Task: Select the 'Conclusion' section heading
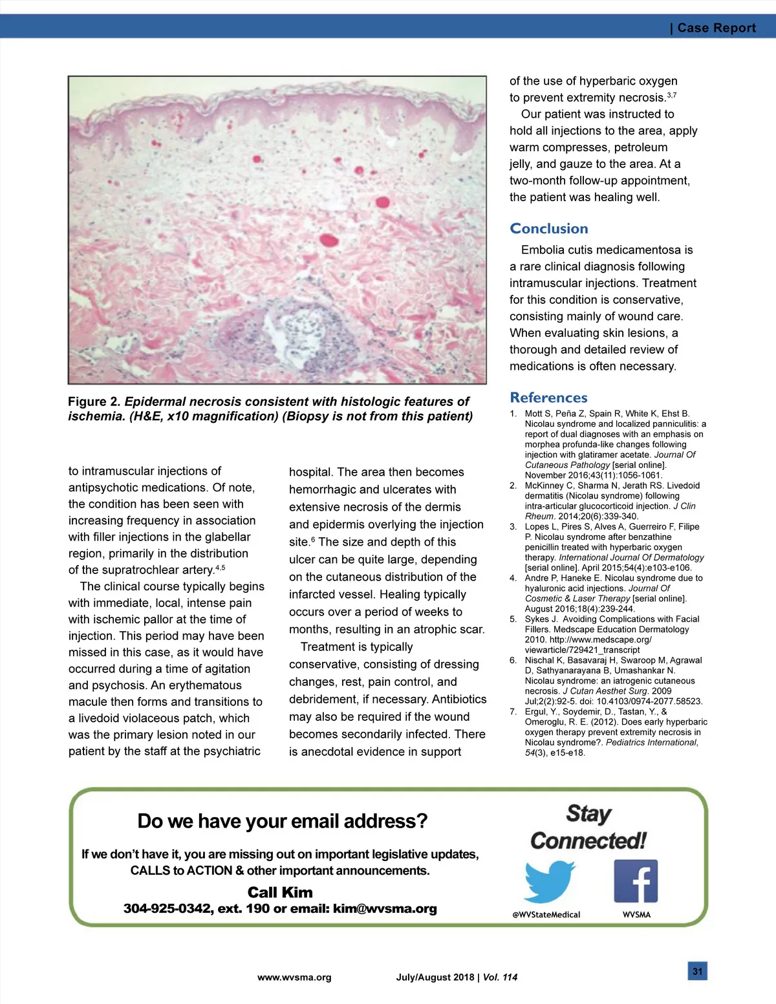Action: pyautogui.click(x=549, y=228)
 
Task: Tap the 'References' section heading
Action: pyautogui.click(x=548, y=398)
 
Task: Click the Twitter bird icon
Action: pyautogui.click(x=550, y=882)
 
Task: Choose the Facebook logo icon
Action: pyautogui.click(x=636, y=881)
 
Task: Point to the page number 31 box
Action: pyautogui.click(x=697, y=971)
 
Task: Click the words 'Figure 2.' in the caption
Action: pyautogui.click(x=94, y=401)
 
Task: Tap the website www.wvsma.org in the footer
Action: pyautogui.click(x=294, y=977)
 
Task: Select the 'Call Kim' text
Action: pyautogui.click(x=280, y=892)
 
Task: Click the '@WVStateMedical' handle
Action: pyautogui.click(x=546, y=915)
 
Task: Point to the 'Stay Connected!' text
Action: pyautogui.click(x=588, y=828)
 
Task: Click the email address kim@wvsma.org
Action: pyautogui.click(x=385, y=908)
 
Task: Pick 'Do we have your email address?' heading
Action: pyautogui.click(x=283, y=821)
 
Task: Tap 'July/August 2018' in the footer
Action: pyautogui.click(x=435, y=977)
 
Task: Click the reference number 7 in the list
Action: pyautogui.click(x=513, y=712)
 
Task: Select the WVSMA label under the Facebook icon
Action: pyautogui.click(x=636, y=915)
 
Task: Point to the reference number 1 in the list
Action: pyautogui.click(x=513, y=414)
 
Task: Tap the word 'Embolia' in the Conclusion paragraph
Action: pyautogui.click(x=543, y=250)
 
